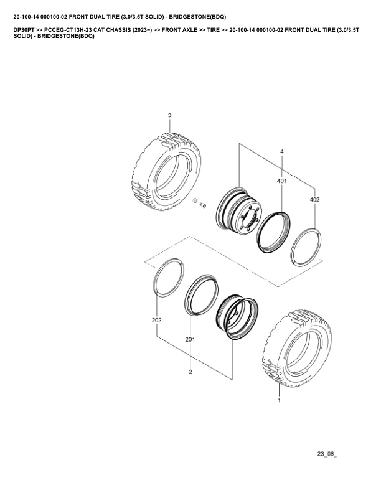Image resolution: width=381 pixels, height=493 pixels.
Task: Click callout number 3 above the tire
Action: [x=170, y=115]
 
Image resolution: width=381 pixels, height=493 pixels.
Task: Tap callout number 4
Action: [x=281, y=151]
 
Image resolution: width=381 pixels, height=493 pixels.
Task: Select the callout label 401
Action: [x=281, y=181]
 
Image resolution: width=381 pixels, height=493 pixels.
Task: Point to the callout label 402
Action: [x=314, y=200]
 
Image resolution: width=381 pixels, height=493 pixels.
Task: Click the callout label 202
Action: [x=156, y=321]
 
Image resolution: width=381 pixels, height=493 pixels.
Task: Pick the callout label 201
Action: [x=190, y=340]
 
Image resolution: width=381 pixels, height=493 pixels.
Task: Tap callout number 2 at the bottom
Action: [x=190, y=372]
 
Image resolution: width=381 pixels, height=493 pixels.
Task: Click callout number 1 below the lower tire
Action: [x=279, y=400]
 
